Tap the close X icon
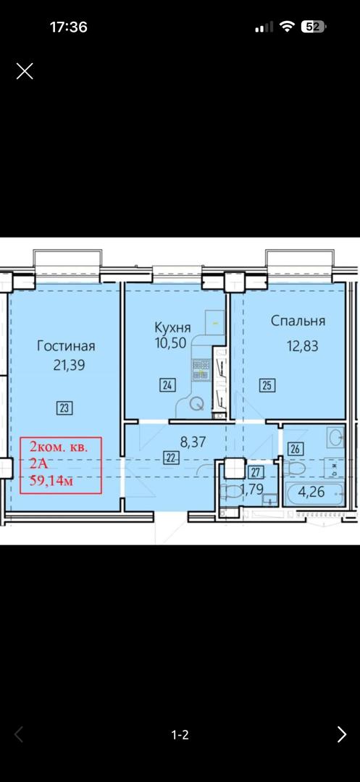pos(25,71)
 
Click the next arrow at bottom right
pos(342,734)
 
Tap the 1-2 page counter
pos(180,735)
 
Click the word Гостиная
pos(67,346)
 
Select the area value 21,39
pos(70,365)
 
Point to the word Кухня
pos(172,328)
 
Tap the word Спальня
pos(298,321)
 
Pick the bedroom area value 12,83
pos(302,346)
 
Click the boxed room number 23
pos(64,408)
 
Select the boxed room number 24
pos(167,385)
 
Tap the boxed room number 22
pos(171,458)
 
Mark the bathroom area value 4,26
pos(311,492)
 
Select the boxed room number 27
pos(256,472)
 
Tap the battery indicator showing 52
pos(313,27)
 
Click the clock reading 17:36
pos(69,27)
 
